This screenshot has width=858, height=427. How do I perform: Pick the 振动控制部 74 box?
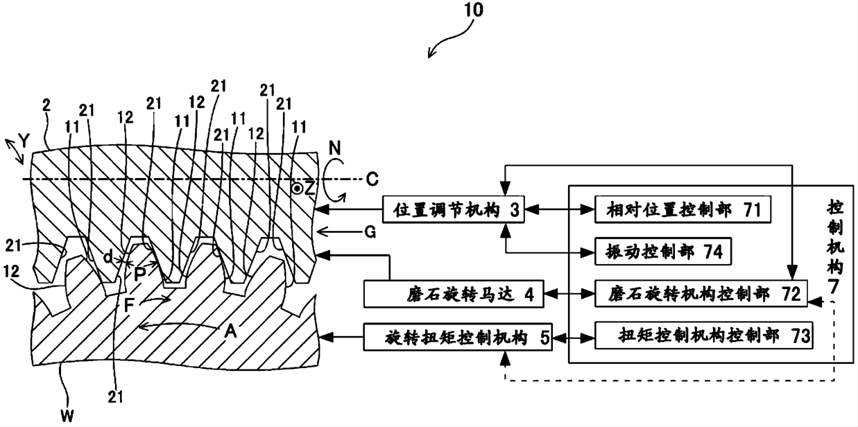click(x=659, y=252)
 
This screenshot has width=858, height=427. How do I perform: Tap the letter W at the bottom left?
click(x=66, y=416)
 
